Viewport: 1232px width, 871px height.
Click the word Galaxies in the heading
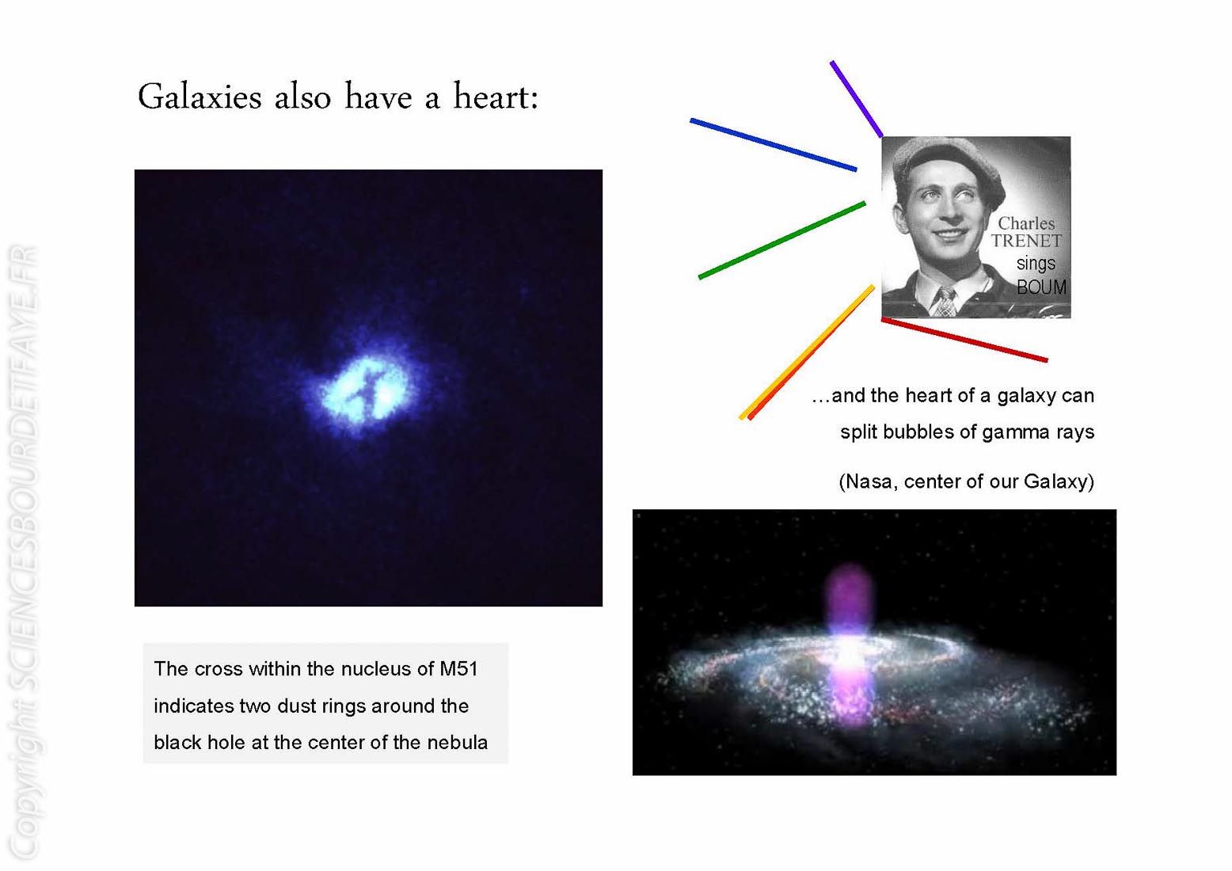pyautogui.click(x=200, y=97)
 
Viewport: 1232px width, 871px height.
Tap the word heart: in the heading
pyautogui.click(x=496, y=97)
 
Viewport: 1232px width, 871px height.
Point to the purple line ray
pyautogui.click(x=857, y=98)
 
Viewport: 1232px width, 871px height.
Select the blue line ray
pyautogui.click(x=774, y=145)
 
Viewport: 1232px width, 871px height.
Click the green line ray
pyautogui.click(x=781, y=240)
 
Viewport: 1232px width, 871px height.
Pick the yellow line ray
pyautogui.click(x=806, y=352)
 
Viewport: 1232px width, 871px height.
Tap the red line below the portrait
pyautogui.click(x=964, y=339)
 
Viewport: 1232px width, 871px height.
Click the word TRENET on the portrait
pyautogui.click(x=1026, y=241)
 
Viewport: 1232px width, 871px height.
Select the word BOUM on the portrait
pyautogui.click(x=1040, y=287)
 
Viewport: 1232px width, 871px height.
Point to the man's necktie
pyautogui.click(x=945, y=302)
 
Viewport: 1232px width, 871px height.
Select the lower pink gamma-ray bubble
pyautogui.click(x=850, y=695)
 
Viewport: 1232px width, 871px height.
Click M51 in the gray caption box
pyautogui.click(x=458, y=668)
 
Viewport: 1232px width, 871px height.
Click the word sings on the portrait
pyautogui.click(x=1036, y=264)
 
